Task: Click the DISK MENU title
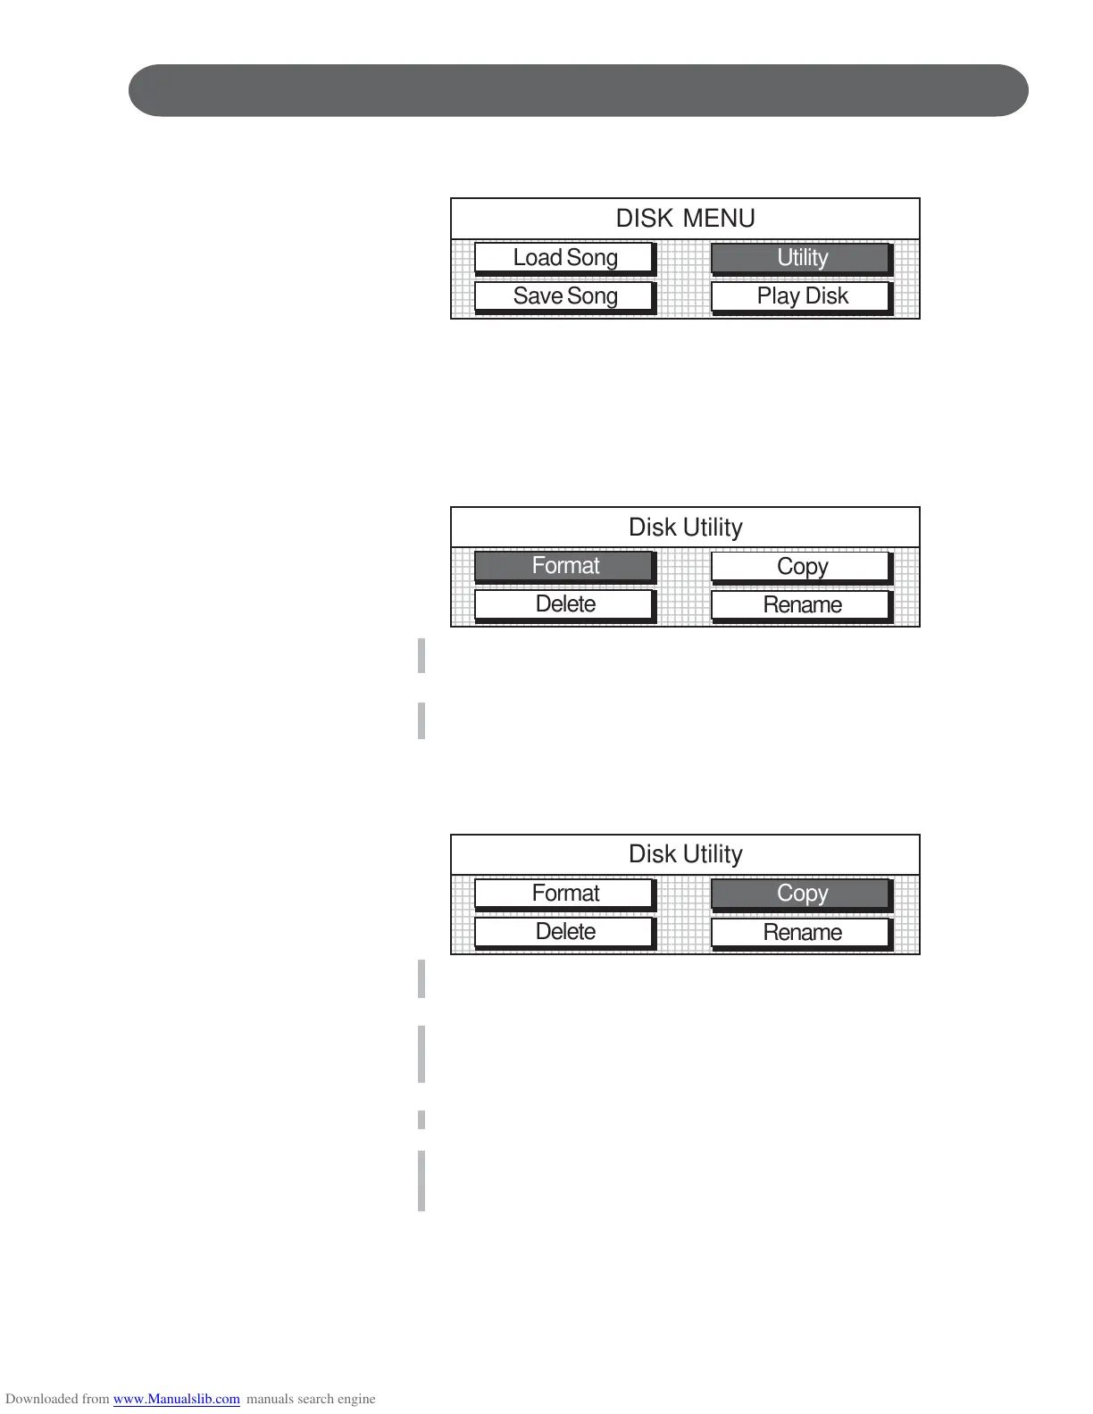pyautogui.click(x=685, y=219)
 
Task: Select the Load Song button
pyautogui.click(x=564, y=258)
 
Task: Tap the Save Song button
pyautogui.click(x=564, y=296)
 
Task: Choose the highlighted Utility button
pyautogui.click(x=801, y=258)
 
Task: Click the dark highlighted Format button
pyautogui.click(x=564, y=566)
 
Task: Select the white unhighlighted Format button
pyautogui.click(x=564, y=893)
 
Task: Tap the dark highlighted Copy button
pyautogui.click(x=801, y=893)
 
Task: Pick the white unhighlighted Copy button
pyautogui.click(x=801, y=567)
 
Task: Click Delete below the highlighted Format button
pyautogui.click(x=564, y=604)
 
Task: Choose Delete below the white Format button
pyautogui.click(x=564, y=932)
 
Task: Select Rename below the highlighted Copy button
pyautogui.click(x=801, y=933)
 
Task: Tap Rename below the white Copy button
pyautogui.click(x=801, y=605)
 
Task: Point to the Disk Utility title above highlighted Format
pyautogui.click(x=685, y=528)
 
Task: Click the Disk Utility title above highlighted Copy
pyautogui.click(x=685, y=854)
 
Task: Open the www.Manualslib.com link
pyautogui.click(x=176, y=1399)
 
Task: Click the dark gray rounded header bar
pyautogui.click(x=578, y=90)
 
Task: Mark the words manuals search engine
pyautogui.click(x=311, y=1399)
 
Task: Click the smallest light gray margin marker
pyautogui.click(x=421, y=1119)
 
